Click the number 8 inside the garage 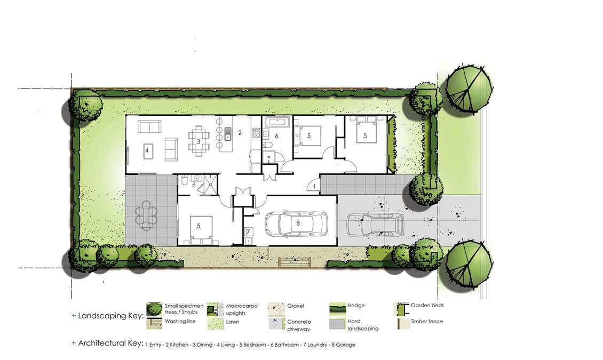298,223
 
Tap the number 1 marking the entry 315,186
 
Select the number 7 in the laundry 249,231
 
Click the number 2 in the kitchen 240,133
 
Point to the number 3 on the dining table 199,141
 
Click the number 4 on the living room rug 147,150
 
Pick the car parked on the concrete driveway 375,225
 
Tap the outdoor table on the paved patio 146,215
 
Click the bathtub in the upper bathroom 277,122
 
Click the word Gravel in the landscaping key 295,306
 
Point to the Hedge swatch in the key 337,308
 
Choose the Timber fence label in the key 426,321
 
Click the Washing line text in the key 180,321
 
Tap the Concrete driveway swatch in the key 276,324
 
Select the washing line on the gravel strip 294,262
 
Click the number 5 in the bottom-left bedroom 199,226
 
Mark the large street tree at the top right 469,89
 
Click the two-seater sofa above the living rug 149,126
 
